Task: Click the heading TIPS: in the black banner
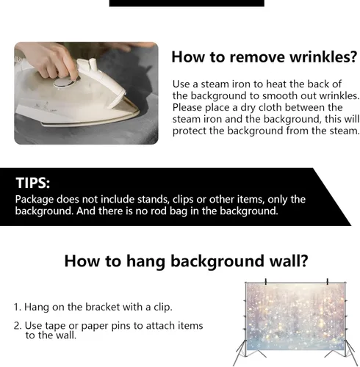click(33, 183)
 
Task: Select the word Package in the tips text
click(35, 200)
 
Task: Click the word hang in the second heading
click(145, 261)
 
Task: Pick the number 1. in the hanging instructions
click(18, 307)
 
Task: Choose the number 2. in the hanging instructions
click(18, 326)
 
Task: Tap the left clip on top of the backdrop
click(266, 282)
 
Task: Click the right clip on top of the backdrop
click(328, 282)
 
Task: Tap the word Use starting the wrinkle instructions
click(181, 84)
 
